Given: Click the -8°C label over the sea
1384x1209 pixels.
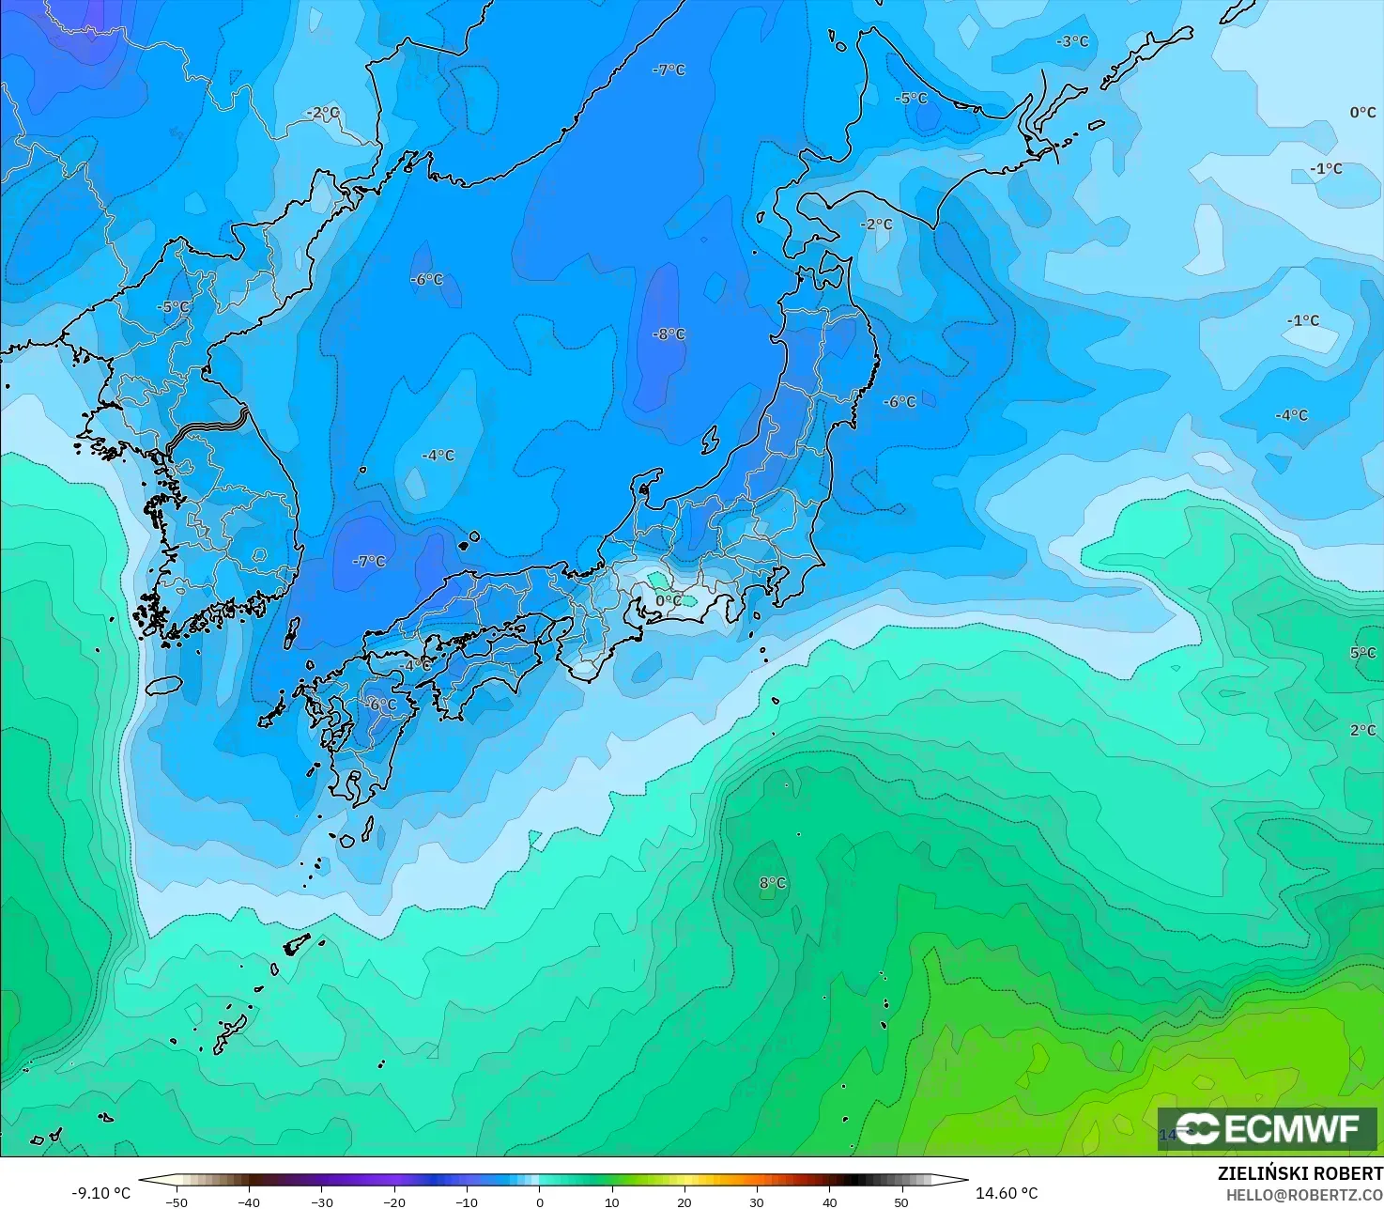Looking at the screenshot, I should tap(669, 334).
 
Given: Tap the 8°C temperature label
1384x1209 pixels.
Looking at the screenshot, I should tap(772, 883).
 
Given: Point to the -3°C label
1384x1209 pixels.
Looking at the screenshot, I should tap(1071, 41).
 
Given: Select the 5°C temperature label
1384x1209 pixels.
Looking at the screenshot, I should tap(1362, 653).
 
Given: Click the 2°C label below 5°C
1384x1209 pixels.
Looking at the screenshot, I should tap(1362, 730).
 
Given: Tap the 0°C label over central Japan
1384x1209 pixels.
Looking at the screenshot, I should tap(669, 600).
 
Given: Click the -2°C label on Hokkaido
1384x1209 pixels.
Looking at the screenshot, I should tap(877, 224).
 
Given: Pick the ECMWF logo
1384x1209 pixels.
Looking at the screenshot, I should tap(1267, 1128).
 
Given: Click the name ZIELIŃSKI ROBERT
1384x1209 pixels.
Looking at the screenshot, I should tap(1299, 1174).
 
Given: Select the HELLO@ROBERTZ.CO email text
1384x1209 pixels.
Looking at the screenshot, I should tap(1304, 1194).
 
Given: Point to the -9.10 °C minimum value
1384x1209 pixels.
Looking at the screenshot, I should tap(100, 1193).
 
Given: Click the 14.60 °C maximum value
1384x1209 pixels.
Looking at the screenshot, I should tap(1007, 1193).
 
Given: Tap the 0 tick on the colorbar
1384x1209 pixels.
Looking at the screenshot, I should tap(539, 1201).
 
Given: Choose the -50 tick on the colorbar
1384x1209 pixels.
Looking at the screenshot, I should tap(177, 1201).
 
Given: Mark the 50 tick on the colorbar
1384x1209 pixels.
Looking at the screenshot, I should tap(901, 1201).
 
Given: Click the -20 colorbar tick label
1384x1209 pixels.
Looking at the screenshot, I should tap(394, 1201).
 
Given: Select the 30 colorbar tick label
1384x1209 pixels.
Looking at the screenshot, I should tap(757, 1201).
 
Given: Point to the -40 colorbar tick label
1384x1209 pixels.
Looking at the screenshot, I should tap(249, 1201).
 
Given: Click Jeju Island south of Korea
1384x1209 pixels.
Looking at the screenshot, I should tap(163, 685).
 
